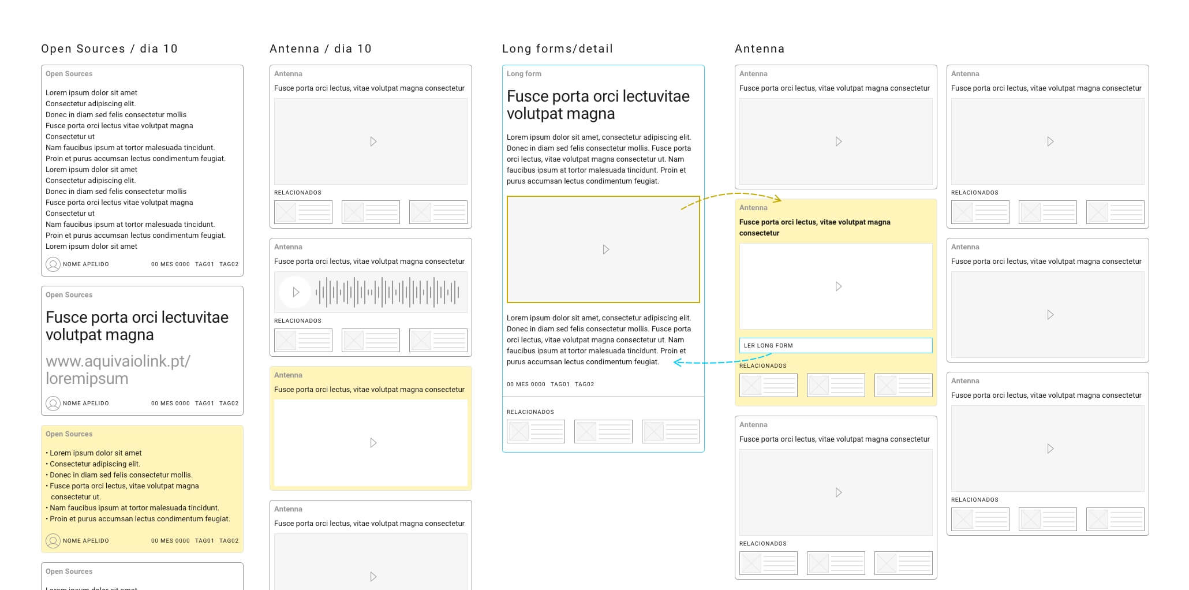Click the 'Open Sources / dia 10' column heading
pyautogui.click(x=109, y=49)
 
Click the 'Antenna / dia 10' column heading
pyautogui.click(x=320, y=49)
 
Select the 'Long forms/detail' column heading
pyautogui.click(x=557, y=49)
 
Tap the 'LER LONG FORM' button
pyautogui.click(x=835, y=345)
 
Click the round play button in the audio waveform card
pyautogui.click(x=296, y=292)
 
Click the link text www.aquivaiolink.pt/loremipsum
pyautogui.click(x=118, y=369)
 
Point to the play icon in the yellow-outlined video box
pyautogui.click(x=605, y=249)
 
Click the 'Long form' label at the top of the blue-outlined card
pyautogui.click(x=524, y=74)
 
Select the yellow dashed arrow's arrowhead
pyautogui.click(x=779, y=200)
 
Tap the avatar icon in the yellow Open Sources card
pyautogui.click(x=53, y=541)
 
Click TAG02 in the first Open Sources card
pyautogui.click(x=229, y=264)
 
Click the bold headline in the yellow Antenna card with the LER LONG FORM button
pyautogui.click(x=814, y=227)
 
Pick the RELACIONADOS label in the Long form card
pyautogui.click(x=530, y=412)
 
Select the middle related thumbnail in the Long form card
pyautogui.click(x=603, y=431)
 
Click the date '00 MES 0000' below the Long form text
pyautogui.click(x=525, y=384)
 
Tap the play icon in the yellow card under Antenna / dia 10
pyautogui.click(x=373, y=443)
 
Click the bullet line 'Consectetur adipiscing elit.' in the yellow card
pyautogui.click(x=95, y=464)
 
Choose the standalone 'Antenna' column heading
pyautogui.click(x=759, y=49)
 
